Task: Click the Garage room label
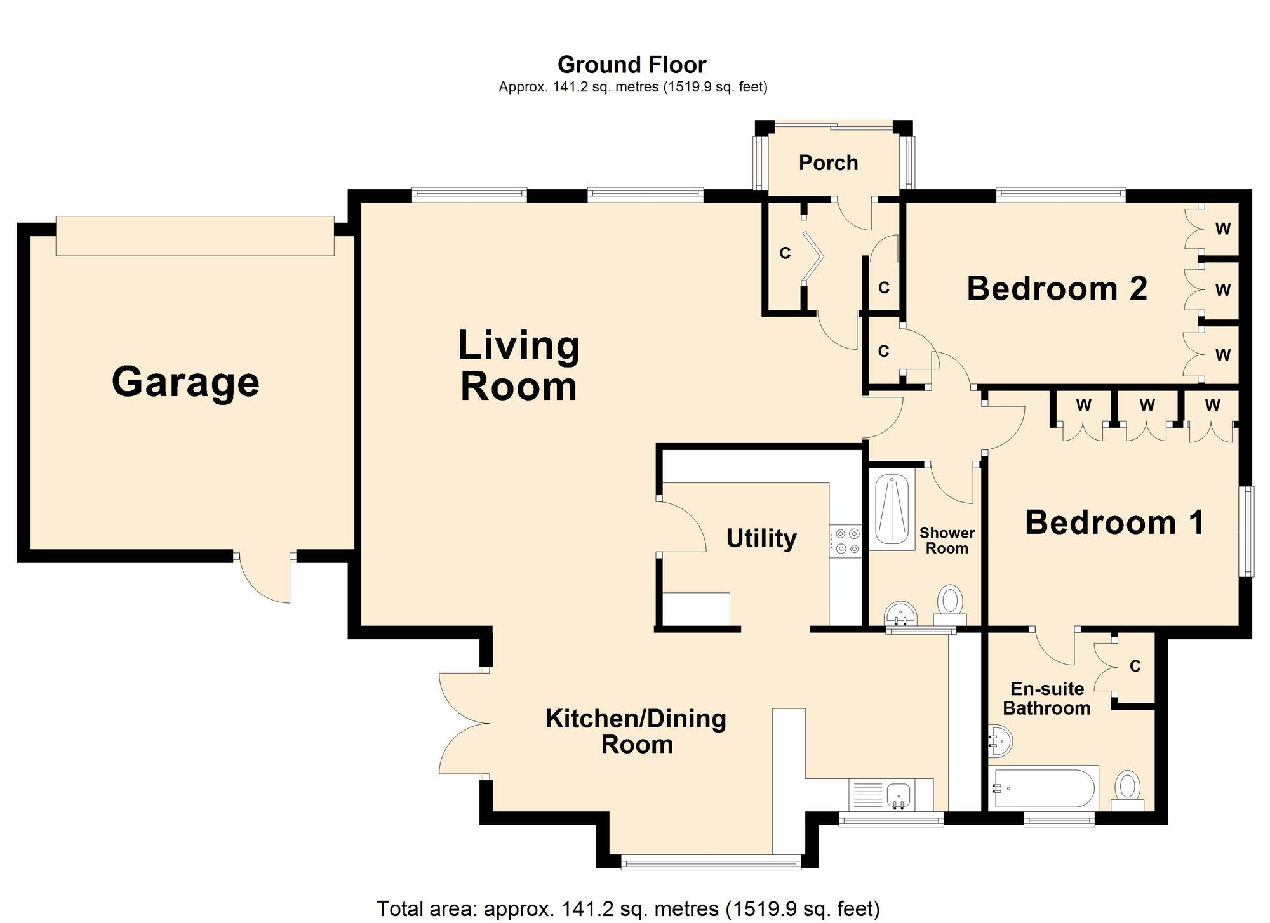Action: pyautogui.click(x=185, y=382)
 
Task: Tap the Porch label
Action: pyautogui.click(x=828, y=163)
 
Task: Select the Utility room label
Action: pyautogui.click(x=761, y=538)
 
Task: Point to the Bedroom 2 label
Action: pyautogui.click(x=1057, y=289)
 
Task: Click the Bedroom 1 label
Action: pyautogui.click(x=1115, y=522)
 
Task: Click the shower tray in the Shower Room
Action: pyautogui.click(x=892, y=509)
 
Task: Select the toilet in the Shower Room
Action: pyautogui.click(x=950, y=606)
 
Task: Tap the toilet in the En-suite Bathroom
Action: pyautogui.click(x=1127, y=790)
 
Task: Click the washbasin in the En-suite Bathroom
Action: pyautogui.click(x=1000, y=741)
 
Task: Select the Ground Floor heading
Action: pyautogui.click(x=632, y=65)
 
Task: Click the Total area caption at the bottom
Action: pyautogui.click(x=629, y=908)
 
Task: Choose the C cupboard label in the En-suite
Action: pyautogui.click(x=1135, y=666)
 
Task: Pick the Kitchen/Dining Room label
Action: pyautogui.click(x=636, y=731)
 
